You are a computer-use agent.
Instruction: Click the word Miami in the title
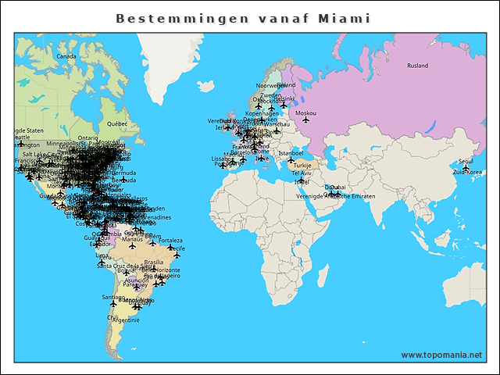pos(345,18)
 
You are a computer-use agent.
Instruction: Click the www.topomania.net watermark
pos(441,355)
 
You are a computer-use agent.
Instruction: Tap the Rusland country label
pos(418,66)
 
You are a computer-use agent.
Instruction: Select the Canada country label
pos(66,56)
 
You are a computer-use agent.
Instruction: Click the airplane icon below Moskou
pos(306,120)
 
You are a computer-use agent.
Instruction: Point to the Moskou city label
pos(306,112)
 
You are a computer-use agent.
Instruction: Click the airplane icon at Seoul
pos(466,167)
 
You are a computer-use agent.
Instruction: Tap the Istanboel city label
pos(291,152)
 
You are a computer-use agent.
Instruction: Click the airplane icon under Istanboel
pos(291,159)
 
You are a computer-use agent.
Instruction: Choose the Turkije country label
pos(302,166)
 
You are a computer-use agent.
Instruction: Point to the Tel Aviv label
pos(301,173)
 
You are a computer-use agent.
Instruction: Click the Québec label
pos(116,123)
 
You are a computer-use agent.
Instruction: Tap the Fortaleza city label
pos(170,241)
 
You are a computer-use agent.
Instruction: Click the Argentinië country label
pos(127,320)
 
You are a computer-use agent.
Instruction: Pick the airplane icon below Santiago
pos(115,303)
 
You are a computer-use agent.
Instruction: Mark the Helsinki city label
pos(286,98)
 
